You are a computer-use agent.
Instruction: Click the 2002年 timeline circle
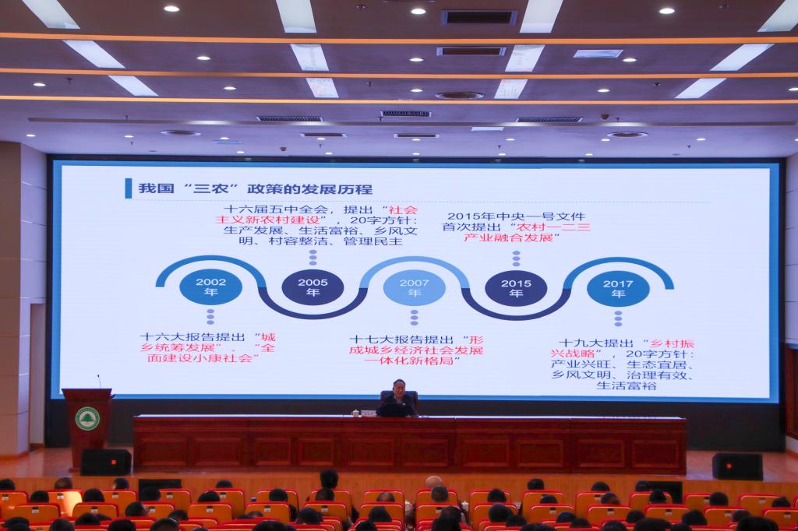(210, 287)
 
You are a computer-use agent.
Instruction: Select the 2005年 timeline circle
(312, 288)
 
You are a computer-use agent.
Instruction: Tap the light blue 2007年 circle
(415, 288)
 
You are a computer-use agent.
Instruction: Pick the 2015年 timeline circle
(516, 289)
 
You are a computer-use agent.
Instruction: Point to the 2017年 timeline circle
(618, 290)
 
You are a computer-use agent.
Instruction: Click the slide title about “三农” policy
(256, 188)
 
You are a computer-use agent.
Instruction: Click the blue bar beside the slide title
(129, 188)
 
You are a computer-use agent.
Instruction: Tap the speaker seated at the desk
(398, 399)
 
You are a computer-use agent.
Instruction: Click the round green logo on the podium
(87, 419)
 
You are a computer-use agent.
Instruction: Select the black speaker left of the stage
(106, 462)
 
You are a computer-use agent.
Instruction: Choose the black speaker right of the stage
(737, 466)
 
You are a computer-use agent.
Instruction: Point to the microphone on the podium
(99, 382)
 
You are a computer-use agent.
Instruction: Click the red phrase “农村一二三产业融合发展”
(528, 233)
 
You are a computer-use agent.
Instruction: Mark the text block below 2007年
(416, 350)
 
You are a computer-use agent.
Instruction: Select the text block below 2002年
(207, 347)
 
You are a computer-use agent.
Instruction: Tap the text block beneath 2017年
(622, 364)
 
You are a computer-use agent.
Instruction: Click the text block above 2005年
(316, 225)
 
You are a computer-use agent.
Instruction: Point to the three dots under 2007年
(415, 318)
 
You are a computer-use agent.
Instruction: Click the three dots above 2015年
(516, 258)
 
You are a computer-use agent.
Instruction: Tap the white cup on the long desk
(355, 413)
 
